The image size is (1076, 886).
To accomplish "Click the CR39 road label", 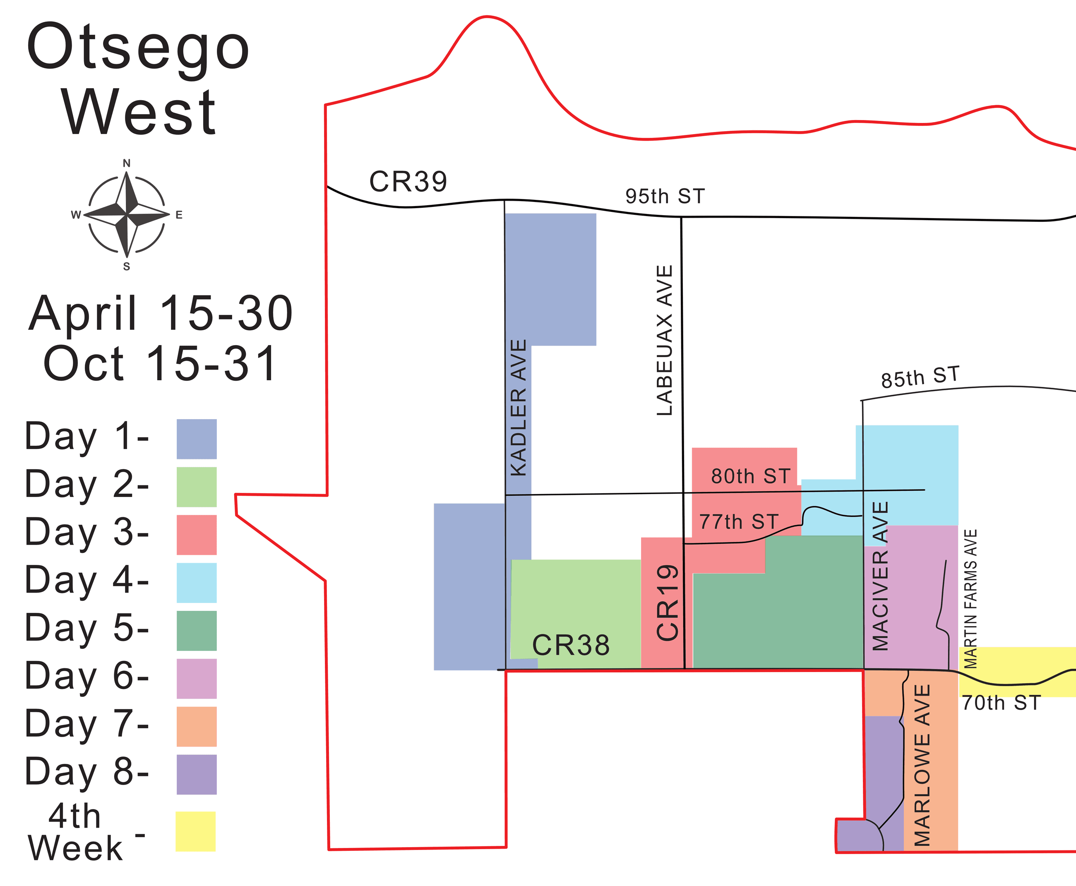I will coord(408,182).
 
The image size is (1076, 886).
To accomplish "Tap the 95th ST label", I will coord(665,197).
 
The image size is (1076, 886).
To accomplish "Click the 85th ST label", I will coord(920,377).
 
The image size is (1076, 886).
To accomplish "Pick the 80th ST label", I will coord(750,476).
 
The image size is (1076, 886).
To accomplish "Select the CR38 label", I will coord(571,645).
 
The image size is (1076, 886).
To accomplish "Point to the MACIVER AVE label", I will coord(881,576).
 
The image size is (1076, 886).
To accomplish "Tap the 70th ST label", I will coord(1001,703).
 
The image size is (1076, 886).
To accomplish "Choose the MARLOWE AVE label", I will coord(922,765).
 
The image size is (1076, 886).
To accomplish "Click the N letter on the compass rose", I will coord(127,163).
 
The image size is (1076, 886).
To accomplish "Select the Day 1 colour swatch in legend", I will coord(197,439).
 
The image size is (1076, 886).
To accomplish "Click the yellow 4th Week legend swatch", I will coord(195,831).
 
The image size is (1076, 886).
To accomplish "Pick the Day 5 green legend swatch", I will coord(197,631).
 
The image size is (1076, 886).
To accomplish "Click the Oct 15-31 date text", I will coord(160,363).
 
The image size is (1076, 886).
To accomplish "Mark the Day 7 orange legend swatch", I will coord(197,726).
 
